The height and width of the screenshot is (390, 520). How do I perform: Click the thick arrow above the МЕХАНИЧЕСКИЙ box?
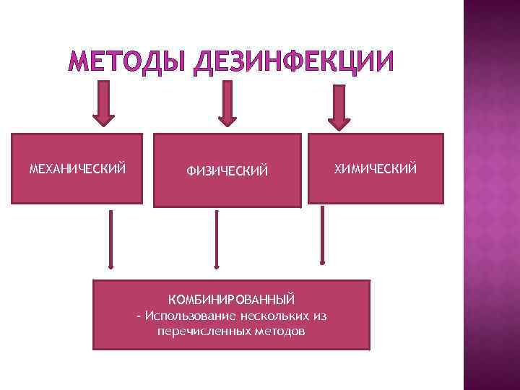[104, 103]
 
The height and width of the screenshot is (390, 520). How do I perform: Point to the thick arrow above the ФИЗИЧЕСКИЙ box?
[227, 103]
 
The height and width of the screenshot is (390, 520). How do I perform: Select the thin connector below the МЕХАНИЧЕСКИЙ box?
[110, 239]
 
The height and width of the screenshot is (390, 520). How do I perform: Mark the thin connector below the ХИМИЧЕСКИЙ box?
[322, 235]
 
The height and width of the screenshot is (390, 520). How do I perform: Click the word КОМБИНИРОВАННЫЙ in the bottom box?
[231, 299]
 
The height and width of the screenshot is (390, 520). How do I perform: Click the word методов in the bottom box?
[280, 331]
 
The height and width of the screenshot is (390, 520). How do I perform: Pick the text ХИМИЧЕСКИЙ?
[376, 169]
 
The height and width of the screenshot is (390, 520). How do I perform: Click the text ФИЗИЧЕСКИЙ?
[227, 171]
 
